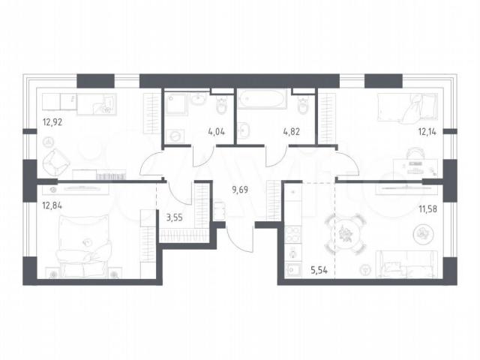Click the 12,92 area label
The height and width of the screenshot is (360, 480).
tap(52, 122)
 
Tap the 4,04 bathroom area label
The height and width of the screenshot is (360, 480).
tap(216, 132)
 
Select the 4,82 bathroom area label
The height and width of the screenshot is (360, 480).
tap(291, 132)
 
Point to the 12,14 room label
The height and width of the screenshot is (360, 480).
tap(427, 132)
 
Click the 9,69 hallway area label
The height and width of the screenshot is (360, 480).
tap(240, 190)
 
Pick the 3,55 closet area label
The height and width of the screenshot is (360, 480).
tap(175, 217)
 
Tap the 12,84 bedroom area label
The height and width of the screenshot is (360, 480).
tap(52, 205)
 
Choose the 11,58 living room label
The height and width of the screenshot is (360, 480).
tap(427, 209)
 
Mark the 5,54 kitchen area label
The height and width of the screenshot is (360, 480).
tap(319, 270)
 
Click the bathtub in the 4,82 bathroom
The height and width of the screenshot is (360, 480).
tap(262, 98)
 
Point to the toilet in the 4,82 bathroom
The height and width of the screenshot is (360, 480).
tap(303, 106)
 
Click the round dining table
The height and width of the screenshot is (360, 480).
tap(345, 234)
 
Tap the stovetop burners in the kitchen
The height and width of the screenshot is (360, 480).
tap(293, 235)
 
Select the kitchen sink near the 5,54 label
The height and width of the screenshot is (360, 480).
tap(293, 271)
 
